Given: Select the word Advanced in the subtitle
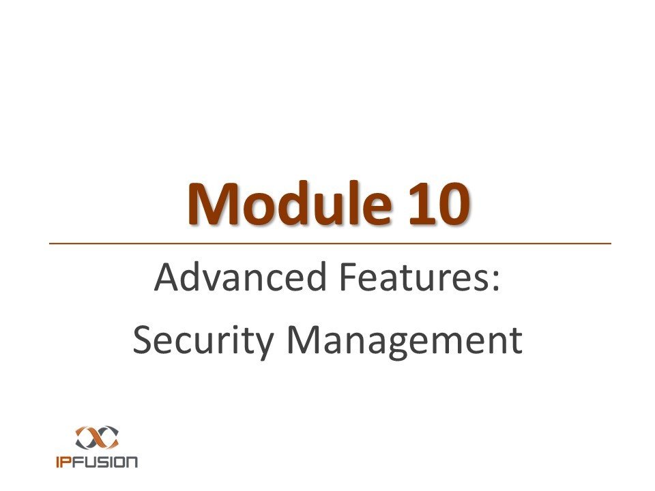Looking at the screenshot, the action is [x=240, y=277].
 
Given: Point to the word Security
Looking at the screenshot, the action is [x=203, y=341].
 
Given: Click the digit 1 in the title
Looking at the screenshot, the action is [x=422, y=204].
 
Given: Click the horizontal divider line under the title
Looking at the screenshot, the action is [x=330, y=243].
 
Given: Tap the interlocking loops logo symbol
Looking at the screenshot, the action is [x=97, y=437].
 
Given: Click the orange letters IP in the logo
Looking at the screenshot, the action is [x=64, y=462].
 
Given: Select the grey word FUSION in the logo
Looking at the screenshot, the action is [x=105, y=462].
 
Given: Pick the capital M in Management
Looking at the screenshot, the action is [x=303, y=340].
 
